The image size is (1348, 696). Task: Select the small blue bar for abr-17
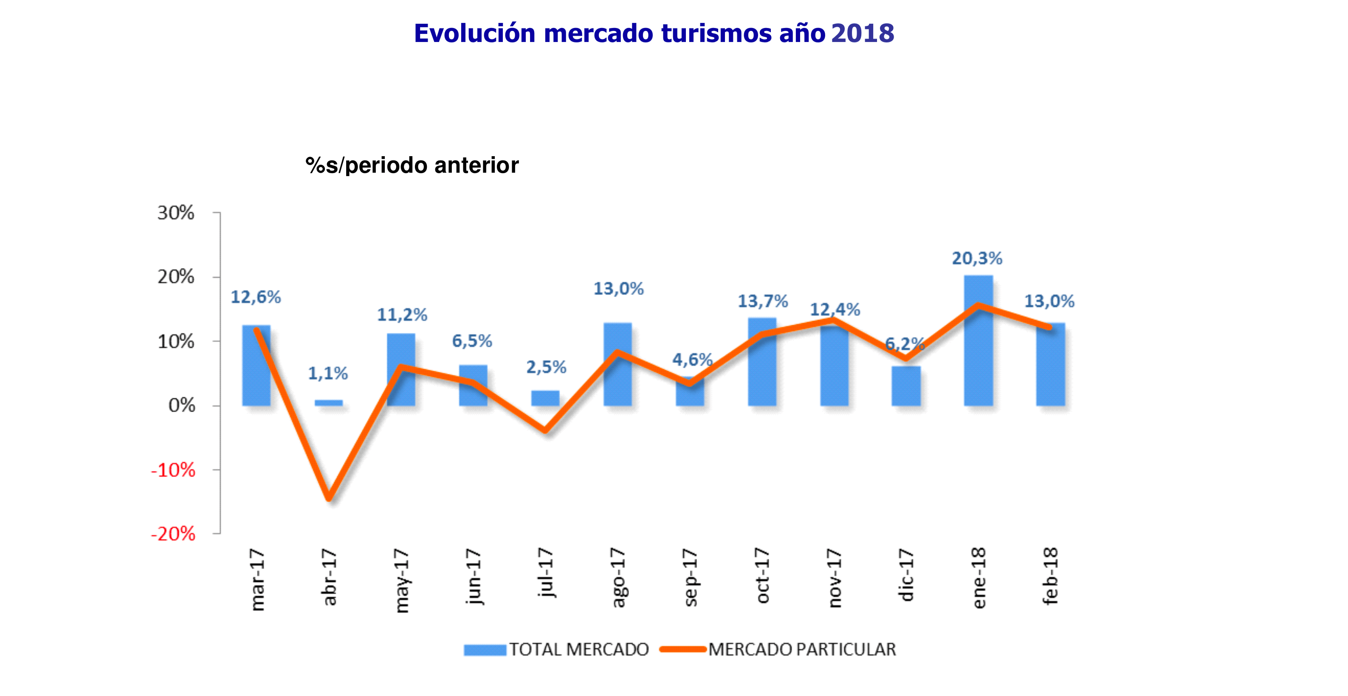pos(329,403)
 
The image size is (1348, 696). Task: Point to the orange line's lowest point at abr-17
pos(329,498)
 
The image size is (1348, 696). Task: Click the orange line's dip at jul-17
pos(545,430)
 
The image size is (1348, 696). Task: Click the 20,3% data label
pos(976,258)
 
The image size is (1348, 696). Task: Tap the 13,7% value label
pos(762,301)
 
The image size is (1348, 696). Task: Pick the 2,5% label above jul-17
pos(546,367)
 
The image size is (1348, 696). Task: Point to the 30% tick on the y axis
pos(176,213)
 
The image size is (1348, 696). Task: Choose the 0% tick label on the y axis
pos(182,405)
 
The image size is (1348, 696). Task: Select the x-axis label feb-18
pos(1051,576)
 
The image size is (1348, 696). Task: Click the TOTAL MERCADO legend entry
pos(556,649)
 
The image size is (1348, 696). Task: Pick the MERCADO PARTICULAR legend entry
pos(778,649)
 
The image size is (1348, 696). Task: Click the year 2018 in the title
pos(863,34)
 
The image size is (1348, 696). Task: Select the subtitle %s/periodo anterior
pos(412,165)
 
